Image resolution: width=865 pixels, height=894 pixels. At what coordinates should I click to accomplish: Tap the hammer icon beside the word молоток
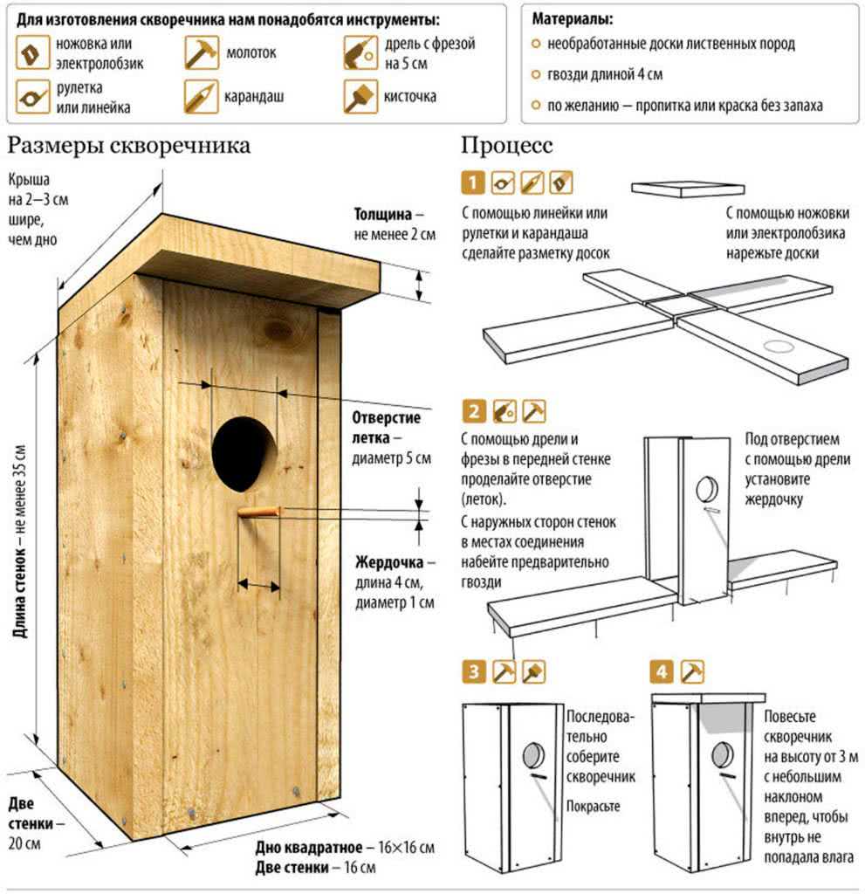click(201, 52)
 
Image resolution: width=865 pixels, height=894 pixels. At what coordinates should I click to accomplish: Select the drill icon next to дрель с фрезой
click(359, 52)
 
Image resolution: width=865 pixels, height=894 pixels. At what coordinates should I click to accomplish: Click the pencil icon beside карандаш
click(201, 96)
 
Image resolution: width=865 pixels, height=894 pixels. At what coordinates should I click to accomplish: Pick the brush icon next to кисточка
click(359, 96)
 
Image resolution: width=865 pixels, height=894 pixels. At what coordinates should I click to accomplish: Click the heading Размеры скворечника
click(129, 145)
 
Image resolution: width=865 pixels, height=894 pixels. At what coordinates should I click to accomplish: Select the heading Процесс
click(507, 145)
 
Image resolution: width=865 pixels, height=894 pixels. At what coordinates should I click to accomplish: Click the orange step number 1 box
click(472, 182)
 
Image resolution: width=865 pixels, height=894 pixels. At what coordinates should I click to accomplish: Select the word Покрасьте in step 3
click(594, 805)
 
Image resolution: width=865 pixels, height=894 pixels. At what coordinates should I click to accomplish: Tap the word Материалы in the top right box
click(572, 18)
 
